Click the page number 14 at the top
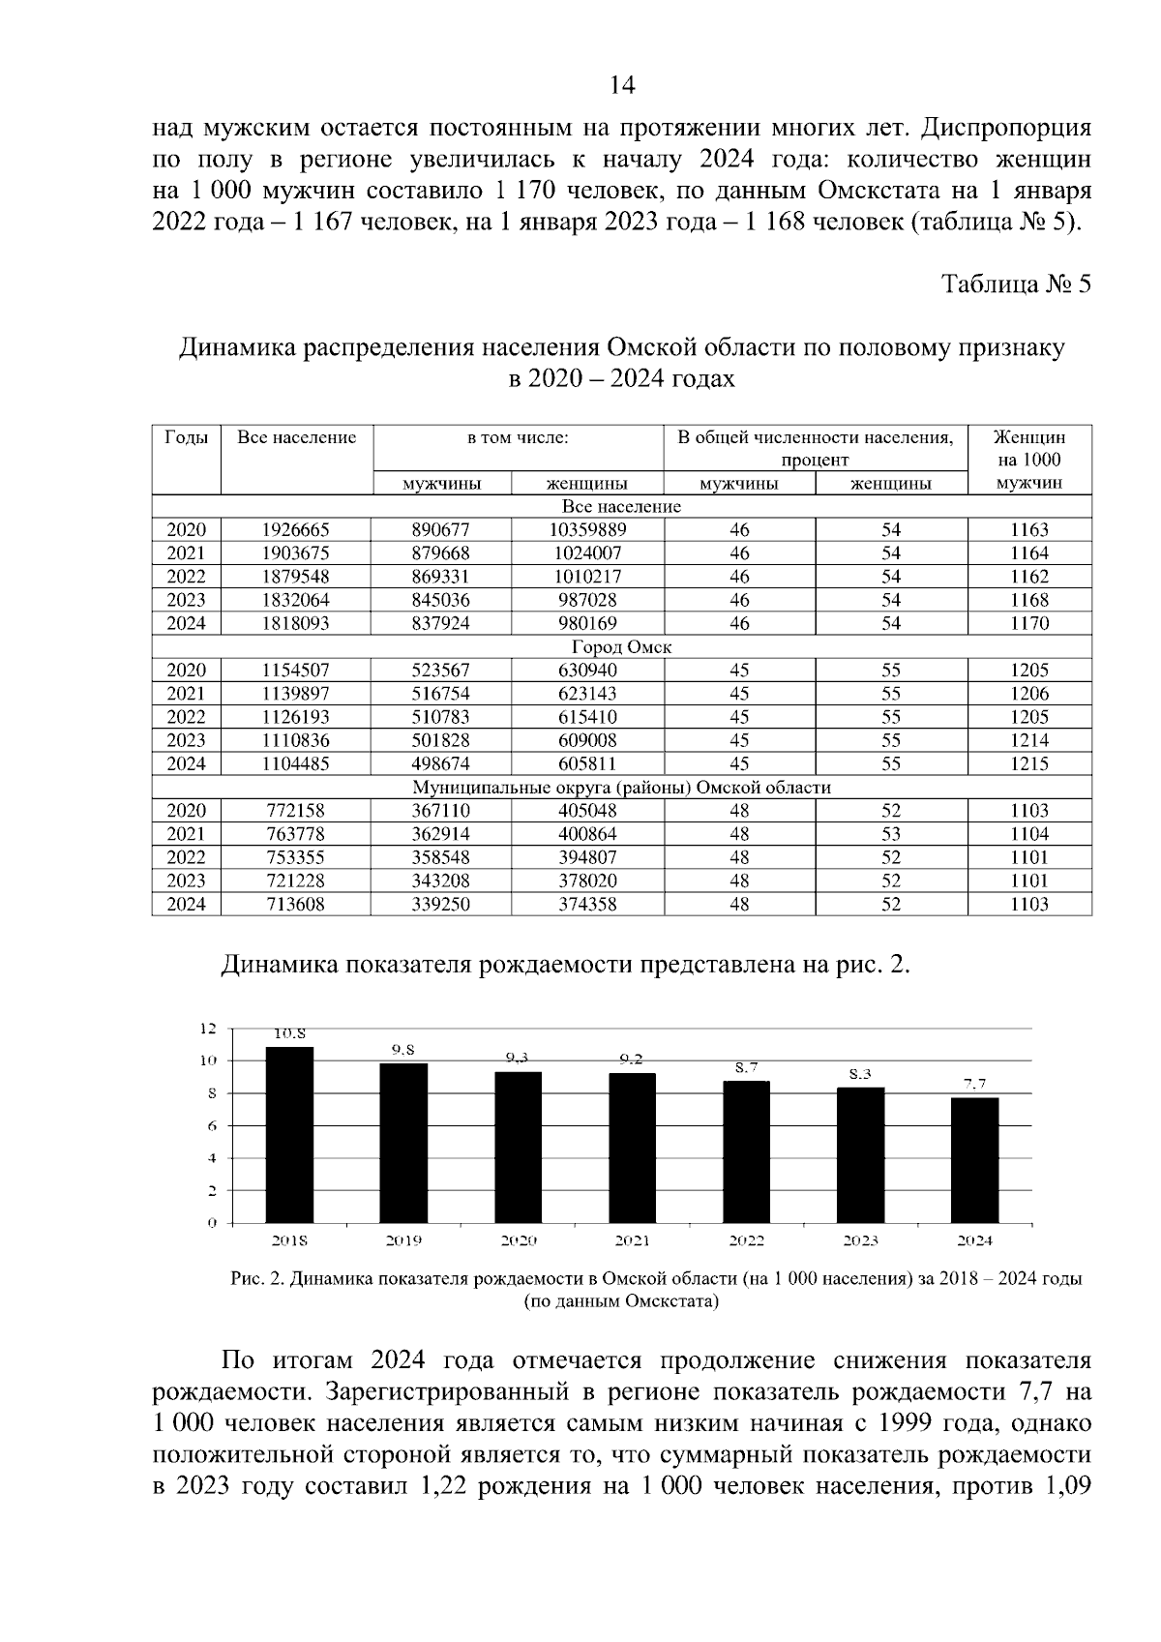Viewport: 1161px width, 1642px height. pos(622,86)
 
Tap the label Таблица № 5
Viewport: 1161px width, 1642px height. pos(1017,284)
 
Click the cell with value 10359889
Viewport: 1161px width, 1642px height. pos(587,529)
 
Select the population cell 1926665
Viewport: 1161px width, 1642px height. pos(296,529)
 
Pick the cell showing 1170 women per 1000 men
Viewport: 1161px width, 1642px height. pos(1029,623)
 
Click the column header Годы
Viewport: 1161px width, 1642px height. pos(186,437)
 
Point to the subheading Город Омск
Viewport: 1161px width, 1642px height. pos(621,646)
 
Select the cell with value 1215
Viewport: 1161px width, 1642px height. pos(1029,763)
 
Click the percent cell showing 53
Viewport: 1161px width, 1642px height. pos(891,833)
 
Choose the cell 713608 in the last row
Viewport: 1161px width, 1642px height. pos(296,904)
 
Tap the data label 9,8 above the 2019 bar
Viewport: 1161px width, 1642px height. pos(403,1050)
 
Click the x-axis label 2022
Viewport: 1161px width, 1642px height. pos(746,1239)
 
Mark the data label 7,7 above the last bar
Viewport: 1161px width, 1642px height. pos(974,1084)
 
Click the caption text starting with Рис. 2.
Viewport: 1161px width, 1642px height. pos(656,1278)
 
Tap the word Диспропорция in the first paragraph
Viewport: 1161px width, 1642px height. pos(1006,128)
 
